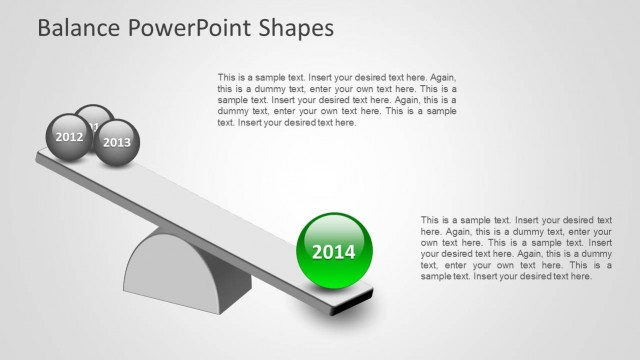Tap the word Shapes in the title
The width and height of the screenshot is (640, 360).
click(x=292, y=28)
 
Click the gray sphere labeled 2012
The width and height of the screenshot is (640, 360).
click(x=69, y=136)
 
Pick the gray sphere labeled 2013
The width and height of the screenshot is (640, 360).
click(x=117, y=142)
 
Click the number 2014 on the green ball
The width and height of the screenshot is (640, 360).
click(x=334, y=252)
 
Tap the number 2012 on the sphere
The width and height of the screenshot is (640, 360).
click(x=69, y=136)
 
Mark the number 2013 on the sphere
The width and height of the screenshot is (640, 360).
click(x=117, y=143)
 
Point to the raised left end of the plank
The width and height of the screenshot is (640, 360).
click(x=50, y=155)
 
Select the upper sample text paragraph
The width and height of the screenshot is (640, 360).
click(x=337, y=100)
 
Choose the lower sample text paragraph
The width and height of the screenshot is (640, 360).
click(x=516, y=248)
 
